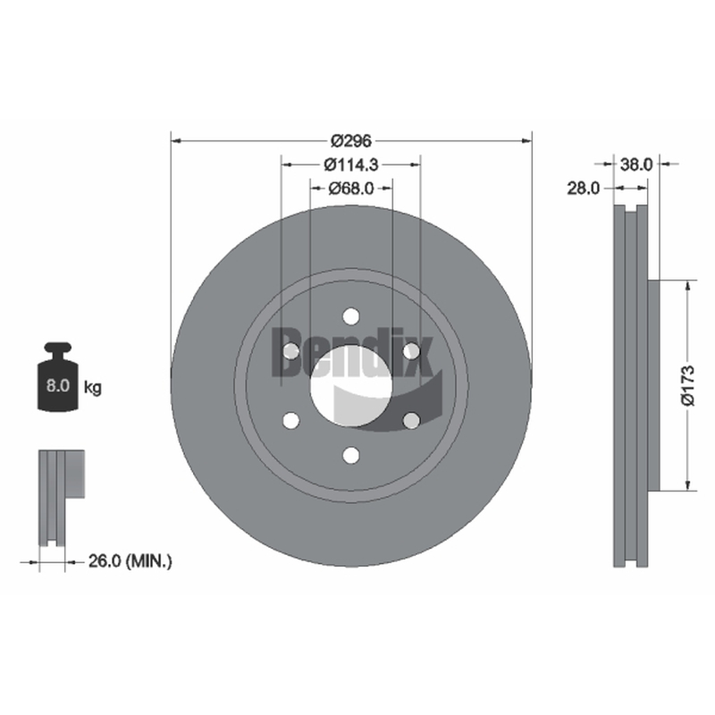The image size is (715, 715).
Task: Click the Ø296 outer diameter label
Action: coord(351,141)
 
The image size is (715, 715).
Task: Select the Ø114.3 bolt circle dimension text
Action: coord(351,164)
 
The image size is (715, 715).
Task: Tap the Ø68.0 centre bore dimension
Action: coord(351,188)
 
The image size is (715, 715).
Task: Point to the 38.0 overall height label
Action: coord(636,164)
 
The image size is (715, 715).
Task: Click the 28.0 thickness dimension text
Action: coord(584,188)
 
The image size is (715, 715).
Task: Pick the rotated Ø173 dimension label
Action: coord(687,385)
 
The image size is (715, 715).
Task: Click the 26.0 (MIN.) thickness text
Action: coord(130,561)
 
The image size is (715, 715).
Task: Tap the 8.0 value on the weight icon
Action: coord(58,386)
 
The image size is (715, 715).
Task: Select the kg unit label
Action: coord(93,388)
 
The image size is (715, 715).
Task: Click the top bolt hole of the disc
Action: coord(351,316)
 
